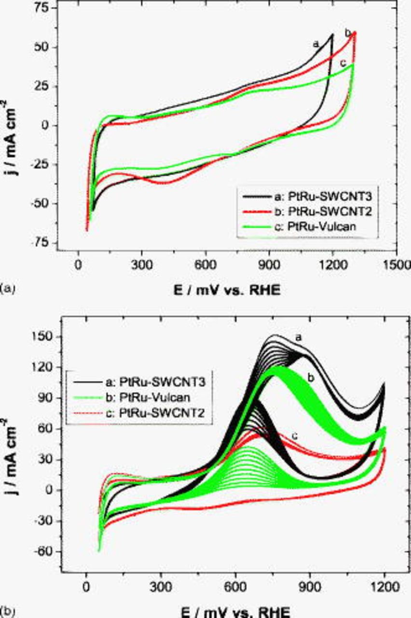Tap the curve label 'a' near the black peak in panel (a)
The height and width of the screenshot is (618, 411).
[x=316, y=44]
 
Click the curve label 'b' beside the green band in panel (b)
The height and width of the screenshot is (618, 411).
[x=311, y=378]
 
